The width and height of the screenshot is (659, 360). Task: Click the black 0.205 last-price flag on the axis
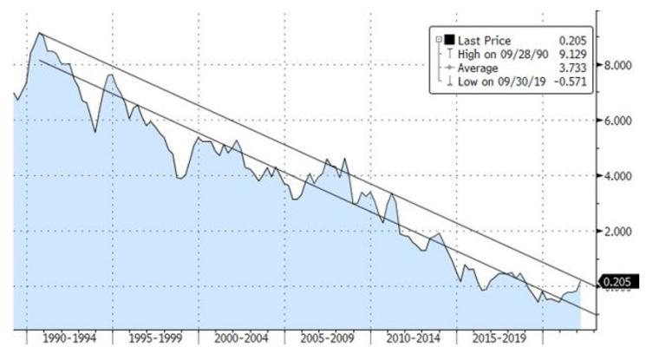tap(620, 281)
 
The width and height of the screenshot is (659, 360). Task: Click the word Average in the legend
tap(479, 68)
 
